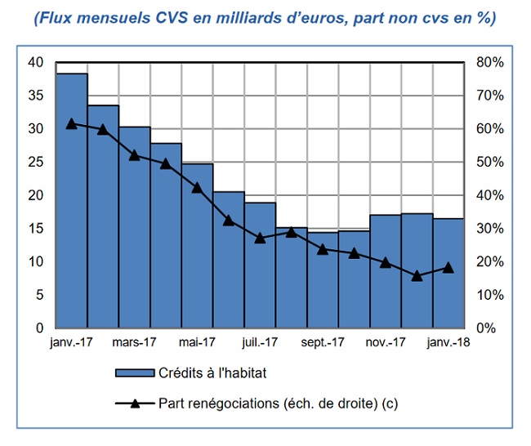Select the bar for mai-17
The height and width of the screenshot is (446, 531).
[197, 245]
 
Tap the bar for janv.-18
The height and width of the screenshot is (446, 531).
[448, 273]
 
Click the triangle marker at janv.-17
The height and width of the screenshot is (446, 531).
[72, 123]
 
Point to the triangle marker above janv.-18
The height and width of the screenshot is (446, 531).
[448, 267]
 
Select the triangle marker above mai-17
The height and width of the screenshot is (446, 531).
[197, 187]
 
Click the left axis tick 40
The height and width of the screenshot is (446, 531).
[35, 62]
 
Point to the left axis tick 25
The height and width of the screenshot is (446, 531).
[35, 162]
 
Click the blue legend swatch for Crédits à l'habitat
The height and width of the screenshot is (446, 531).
[134, 373]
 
